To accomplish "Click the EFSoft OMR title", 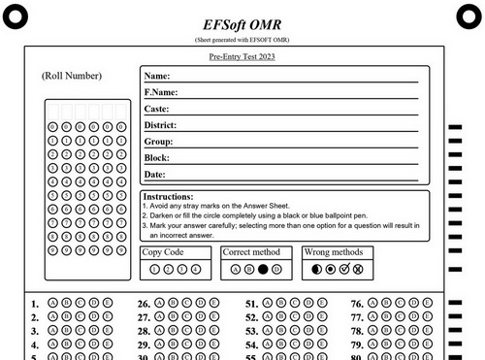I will click(242, 23).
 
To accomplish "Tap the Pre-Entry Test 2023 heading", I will click(242, 58).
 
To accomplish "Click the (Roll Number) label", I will click(72, 76).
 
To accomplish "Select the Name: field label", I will click(157, 76).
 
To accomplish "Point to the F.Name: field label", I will click(161, 92).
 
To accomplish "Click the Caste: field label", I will click(157, 109).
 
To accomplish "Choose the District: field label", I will click(161, 125).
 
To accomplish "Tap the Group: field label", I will click(158, 142).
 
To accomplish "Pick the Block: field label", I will click(157, 157).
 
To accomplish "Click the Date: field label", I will click(155, 174).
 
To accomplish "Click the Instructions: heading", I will click(168, 197).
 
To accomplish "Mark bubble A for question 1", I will click(51, 303).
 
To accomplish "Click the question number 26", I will click(143, 304).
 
